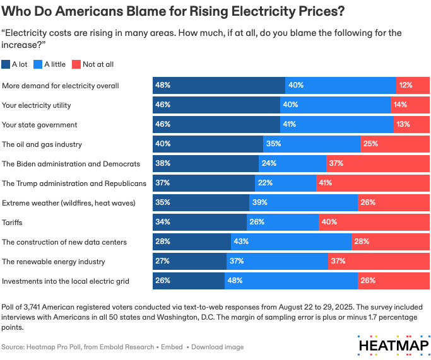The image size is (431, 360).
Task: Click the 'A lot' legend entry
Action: coord(18,64)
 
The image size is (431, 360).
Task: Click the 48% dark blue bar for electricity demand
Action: coord(218,85)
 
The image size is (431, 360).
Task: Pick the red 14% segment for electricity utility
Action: coord(410,105)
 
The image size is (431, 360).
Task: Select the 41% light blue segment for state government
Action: coord(336,124)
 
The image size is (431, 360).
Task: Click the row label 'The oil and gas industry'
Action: coord(42,144)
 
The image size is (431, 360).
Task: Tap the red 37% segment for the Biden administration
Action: coord(377,164)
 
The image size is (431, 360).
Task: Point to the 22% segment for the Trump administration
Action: coord(285,183)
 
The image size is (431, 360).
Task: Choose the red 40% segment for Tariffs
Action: coord(374,223)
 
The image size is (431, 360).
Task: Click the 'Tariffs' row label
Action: coord(13,223)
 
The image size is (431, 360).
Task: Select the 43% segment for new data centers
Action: coord(291,242)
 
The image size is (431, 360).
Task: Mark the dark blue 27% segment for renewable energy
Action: coord(189,262)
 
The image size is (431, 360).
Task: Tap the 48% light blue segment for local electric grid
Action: coord(291,281)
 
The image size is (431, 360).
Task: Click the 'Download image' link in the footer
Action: coord(217,347)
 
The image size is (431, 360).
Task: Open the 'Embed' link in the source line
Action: coord(172,347)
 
